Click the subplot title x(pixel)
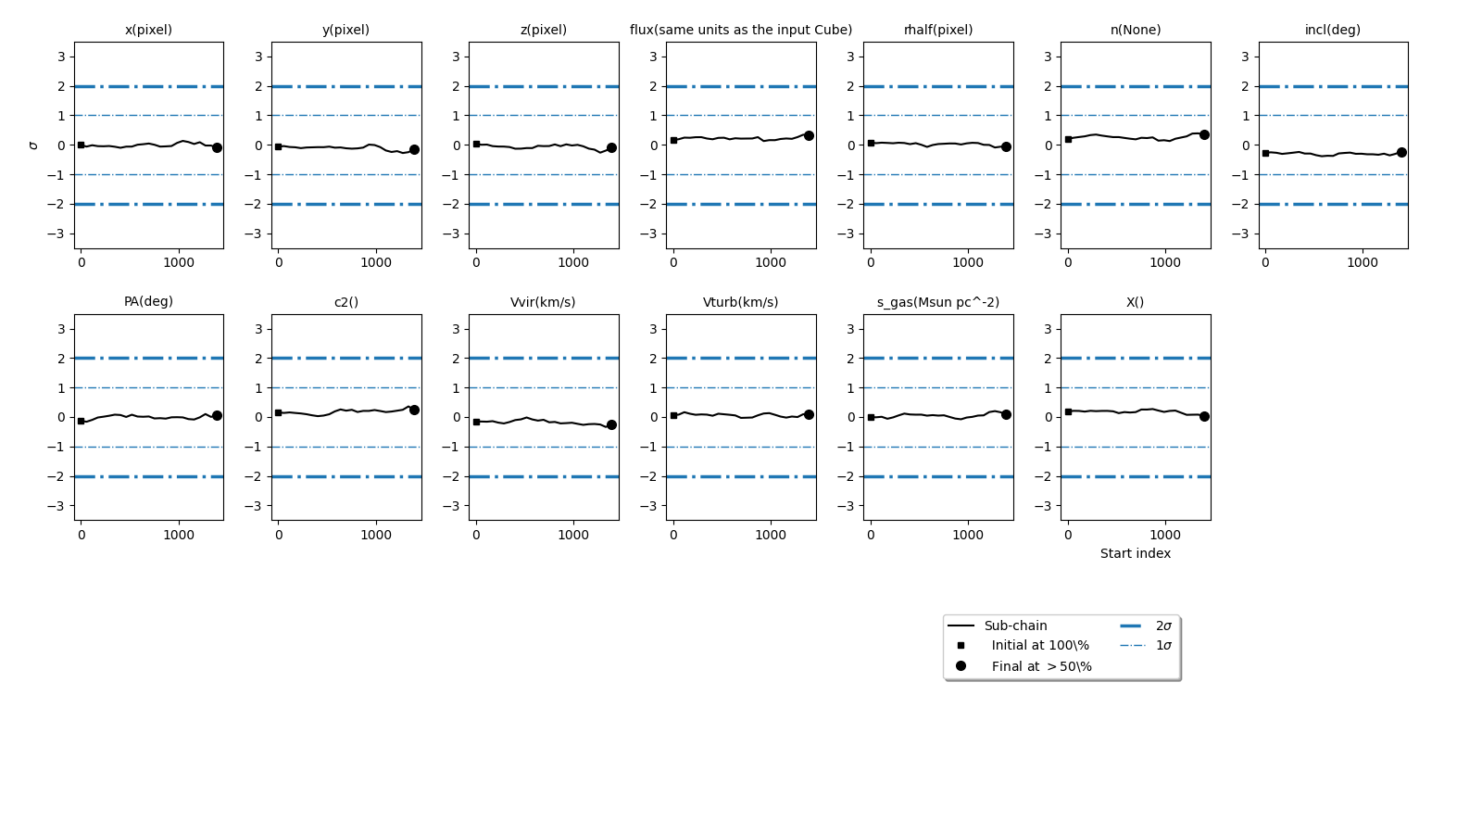coord(148,30)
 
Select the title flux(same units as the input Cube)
coord(741,30)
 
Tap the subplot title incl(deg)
coord(1332,30)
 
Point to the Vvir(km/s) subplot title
coord(543,302)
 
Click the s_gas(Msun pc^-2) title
coord(937,302)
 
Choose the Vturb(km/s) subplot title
coord(740,302)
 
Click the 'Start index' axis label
coord(1135,553)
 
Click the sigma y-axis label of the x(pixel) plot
coord(34,145)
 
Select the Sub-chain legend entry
coord(1015,625)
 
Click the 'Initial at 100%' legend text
coord(1040,645)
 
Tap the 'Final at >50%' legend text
coord(1041,666)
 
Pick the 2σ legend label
coord(1163,625)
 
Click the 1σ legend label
coord(1163,645)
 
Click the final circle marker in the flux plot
coord(809,135)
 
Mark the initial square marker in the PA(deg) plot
coord(81,421)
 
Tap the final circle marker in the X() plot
coord(1204,416)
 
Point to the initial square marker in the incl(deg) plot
coord(1265,153)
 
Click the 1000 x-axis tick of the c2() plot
coord(376,535)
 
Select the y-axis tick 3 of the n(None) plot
coord(1049,57)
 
